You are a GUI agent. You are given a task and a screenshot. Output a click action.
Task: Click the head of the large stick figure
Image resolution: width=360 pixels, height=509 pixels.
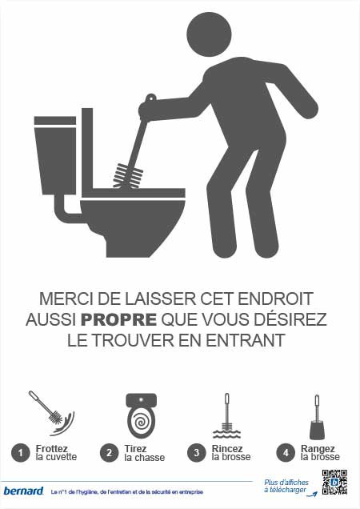click(209, 34)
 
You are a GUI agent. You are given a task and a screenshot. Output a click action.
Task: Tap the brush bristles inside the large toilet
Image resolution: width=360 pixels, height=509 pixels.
click(127, 176)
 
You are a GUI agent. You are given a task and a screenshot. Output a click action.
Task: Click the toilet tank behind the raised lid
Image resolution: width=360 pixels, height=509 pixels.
click(55, 155)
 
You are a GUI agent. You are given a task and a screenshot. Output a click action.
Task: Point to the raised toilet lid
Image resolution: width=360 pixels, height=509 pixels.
click(87, 152)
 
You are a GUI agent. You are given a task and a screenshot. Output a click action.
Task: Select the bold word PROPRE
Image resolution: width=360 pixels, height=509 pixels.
click(118, 320)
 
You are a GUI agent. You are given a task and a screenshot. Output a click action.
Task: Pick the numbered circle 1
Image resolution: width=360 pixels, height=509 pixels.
click(21, 452)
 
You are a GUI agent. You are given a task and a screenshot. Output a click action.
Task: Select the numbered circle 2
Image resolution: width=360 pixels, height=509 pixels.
click(109, 452)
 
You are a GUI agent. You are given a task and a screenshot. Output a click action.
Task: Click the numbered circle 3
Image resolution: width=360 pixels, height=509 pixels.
click(196, 452)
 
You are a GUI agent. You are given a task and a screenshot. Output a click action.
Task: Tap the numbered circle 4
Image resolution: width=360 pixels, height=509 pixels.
click(286, 452)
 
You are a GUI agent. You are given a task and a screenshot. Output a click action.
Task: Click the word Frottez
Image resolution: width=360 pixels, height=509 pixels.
click(52, 449)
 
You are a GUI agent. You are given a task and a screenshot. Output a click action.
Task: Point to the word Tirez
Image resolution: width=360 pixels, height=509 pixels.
click(135, 449)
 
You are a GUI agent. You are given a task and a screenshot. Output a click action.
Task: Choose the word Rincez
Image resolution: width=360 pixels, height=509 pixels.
click(227, 449)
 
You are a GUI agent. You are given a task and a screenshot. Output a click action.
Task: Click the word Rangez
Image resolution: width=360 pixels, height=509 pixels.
click(318, 449)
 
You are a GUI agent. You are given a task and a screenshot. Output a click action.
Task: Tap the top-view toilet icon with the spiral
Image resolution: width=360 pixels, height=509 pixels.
click(141, 415)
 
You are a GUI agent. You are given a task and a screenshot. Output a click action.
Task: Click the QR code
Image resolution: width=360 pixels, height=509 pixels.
click(334, 482)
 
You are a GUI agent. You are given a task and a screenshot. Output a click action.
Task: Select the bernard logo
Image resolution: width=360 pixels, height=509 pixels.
click(23, 491)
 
